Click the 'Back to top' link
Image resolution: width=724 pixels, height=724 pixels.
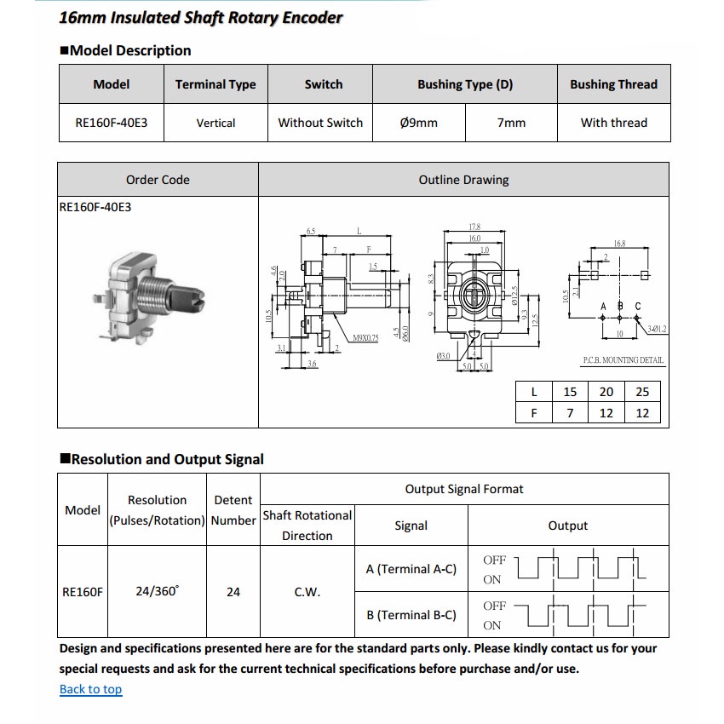(90, 689)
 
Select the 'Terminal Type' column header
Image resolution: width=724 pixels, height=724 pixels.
(215, 84)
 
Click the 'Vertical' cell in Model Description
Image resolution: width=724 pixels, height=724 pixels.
(215, 123)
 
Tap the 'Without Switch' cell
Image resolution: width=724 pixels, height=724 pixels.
(320, 123)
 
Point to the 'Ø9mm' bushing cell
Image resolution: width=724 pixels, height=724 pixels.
(418, 123)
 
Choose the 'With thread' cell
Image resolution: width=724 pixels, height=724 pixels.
(613, 123)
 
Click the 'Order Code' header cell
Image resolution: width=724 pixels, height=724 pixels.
(158, 180)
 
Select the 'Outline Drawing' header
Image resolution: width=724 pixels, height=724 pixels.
(463, 180)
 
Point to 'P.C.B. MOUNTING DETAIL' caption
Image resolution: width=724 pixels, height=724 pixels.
(623, 360)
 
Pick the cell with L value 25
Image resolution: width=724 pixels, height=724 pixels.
(642, 392)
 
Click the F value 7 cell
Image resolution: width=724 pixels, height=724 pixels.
(570, 413)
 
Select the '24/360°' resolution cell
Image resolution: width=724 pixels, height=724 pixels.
(157, 591)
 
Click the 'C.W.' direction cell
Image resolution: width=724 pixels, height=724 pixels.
(307, 592)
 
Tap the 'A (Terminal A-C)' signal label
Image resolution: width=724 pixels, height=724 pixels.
(411, 569)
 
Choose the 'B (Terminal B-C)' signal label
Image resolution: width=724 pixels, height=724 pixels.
(411, 615)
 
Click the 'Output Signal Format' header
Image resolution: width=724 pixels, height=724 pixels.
(464, 489)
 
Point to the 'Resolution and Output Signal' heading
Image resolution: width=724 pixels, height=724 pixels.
(167, 459)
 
